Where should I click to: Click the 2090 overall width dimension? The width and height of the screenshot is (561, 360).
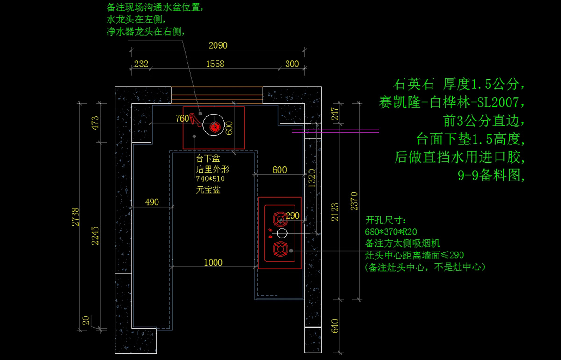point(217,45)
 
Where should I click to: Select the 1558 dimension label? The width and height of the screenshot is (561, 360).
point(215,64)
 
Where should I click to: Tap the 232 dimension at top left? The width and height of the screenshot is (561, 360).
point(141,64)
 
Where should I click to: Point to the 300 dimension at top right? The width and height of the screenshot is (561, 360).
point(292,64)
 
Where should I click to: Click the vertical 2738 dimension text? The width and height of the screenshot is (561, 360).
point(75,217)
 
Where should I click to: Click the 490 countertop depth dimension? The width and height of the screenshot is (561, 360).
point(152,202)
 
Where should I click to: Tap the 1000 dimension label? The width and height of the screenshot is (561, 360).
point(213,263)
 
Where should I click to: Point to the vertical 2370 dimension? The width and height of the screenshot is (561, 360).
point(354,201)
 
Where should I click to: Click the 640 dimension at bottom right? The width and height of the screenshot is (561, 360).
point(335,326)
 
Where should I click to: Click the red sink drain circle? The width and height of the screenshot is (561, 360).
point(215,127)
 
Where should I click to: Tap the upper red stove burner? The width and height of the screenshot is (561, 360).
point(280,218)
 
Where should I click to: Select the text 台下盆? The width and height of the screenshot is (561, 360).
point(208,158)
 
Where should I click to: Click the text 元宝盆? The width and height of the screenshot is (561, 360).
point(208,190)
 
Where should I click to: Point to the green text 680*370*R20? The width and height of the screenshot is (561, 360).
point(390,231)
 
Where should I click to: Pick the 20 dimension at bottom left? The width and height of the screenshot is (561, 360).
point(85,321)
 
